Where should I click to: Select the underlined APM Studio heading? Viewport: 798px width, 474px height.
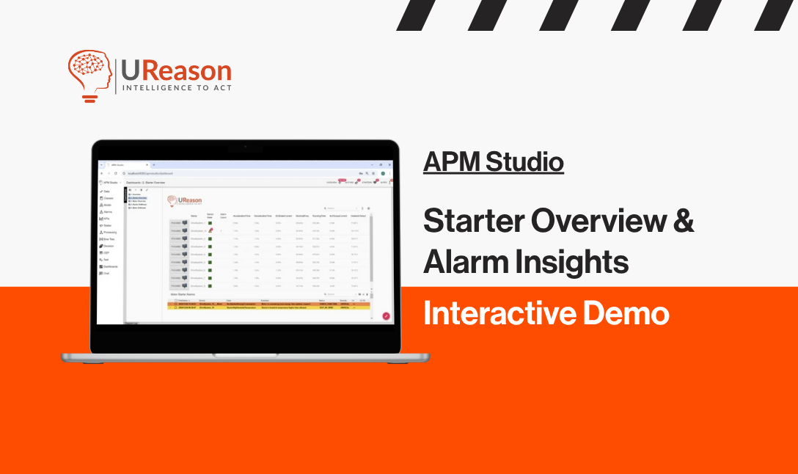pyautogui.click(x=493, y=161)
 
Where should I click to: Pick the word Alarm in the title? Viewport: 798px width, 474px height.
pyautogui.click(x=455, y=261)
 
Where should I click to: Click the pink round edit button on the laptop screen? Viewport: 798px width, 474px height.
pyautogui.click(x=386, y=316)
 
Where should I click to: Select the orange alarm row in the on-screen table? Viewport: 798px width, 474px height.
pyautogui.click(x=271, y=303)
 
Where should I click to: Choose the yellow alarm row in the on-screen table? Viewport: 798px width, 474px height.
pyautogui.click(x=271, y=308)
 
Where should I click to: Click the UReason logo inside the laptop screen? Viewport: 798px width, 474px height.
pyautogui.click(x=183, y=200)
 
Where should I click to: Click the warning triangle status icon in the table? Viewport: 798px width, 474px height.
pyautogui.click(x=211, y=230)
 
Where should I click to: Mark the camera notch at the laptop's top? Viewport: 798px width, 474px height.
pyautogui.click(x=245, y=147)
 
